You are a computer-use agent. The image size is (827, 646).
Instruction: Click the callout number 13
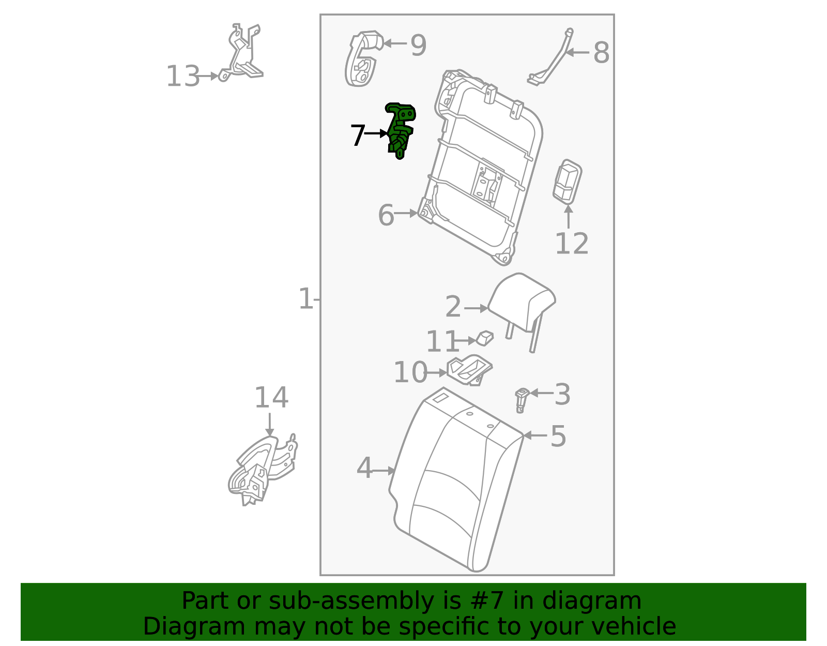(182, 77)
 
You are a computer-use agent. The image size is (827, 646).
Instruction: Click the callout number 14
(271, 398)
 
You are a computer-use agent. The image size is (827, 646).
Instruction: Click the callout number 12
(571, 244)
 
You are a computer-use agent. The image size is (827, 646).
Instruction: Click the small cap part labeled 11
(485, 338)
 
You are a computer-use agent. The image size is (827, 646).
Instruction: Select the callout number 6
(386, 215)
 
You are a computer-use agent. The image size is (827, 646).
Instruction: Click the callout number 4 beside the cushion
(364, 468)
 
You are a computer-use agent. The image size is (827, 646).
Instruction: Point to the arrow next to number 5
(535, 435)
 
